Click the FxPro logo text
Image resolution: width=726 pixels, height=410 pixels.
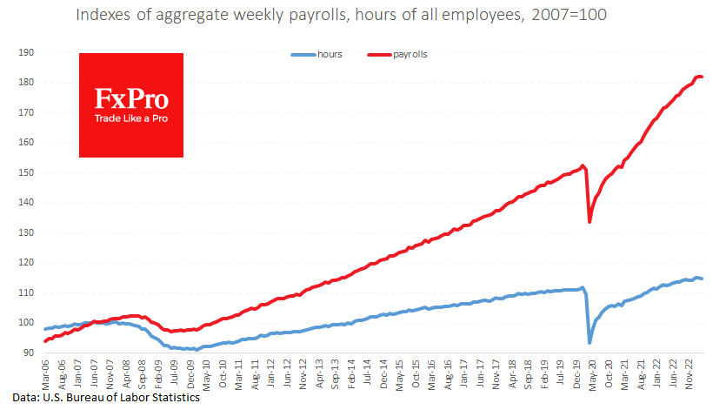(x=130, y=97)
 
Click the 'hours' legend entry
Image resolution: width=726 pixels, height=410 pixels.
(x=329, y=54)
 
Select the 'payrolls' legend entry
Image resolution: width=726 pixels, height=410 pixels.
(x=410, y=54)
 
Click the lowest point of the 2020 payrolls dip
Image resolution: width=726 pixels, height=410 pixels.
(x=590, y=221)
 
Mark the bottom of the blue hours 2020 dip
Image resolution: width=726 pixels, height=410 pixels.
(x=590, y=342)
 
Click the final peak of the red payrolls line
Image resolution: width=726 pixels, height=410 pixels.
(x=700, y=77)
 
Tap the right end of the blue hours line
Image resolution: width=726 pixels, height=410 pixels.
(x=703, y=279)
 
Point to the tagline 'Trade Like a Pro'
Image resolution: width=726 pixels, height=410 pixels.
(x=130, y=118)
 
